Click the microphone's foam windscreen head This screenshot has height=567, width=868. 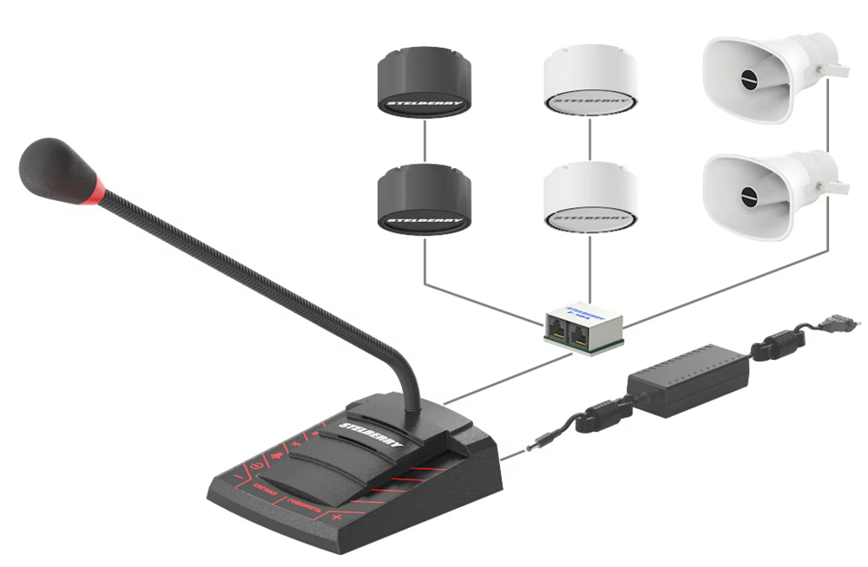click(x=54, y=168)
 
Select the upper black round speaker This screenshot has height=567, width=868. click(x=424, y=83)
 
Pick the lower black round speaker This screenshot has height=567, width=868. click(x=424, y=198)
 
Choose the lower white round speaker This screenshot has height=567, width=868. click(x=590, y=198)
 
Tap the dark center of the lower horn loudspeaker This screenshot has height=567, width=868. click(x=747, y=196)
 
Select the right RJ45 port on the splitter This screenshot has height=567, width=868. click(x=580, y=335)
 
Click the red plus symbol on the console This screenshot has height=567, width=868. click(x=337, y=518)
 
